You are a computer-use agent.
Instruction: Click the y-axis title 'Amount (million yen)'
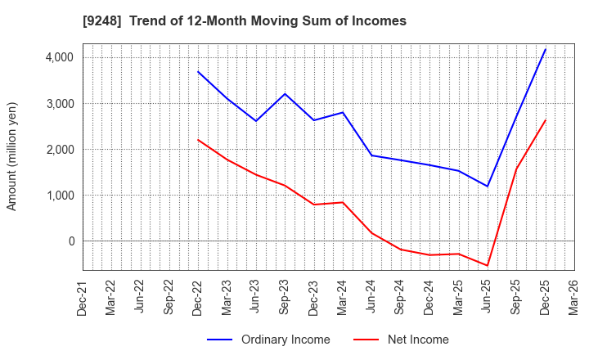(x=12, y=156)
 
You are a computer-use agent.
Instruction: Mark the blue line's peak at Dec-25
(x=545, y=49)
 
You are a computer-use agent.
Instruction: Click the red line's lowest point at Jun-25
(x=488, y=266)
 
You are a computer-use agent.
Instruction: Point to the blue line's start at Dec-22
(x=198, y=72)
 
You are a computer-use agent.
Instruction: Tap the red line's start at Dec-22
(x=198, y=140)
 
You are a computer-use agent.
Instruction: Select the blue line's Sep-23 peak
(x=285, y=94)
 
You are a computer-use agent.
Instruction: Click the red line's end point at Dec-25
(x=545, y=120)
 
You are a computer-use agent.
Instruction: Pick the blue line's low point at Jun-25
(x=488, y=187)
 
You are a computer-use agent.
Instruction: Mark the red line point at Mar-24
(x=343, y=202)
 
